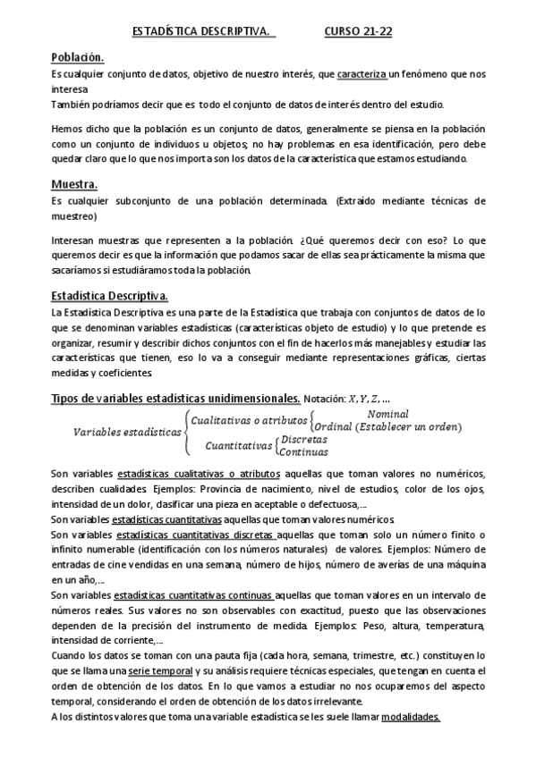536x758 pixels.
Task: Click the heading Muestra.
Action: (74, 185)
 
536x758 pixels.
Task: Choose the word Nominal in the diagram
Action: (388, 389)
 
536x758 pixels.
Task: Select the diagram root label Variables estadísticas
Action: (126, 406)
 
